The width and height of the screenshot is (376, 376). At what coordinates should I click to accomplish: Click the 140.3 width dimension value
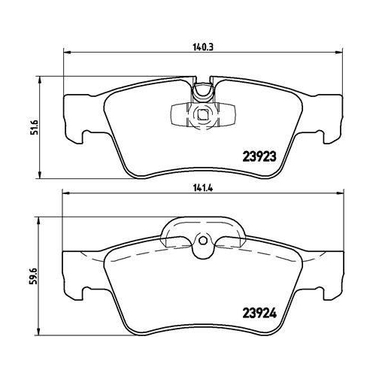pyautogui.click(x=199, y=44)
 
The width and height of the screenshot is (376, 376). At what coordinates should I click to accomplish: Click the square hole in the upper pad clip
pyautogui.click(x=201, y=115)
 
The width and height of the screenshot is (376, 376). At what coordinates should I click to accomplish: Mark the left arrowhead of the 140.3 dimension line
pyautogui.click(x=65, y=53)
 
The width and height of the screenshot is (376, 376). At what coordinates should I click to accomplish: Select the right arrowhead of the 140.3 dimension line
pyautogui.click(x=337, y=53)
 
